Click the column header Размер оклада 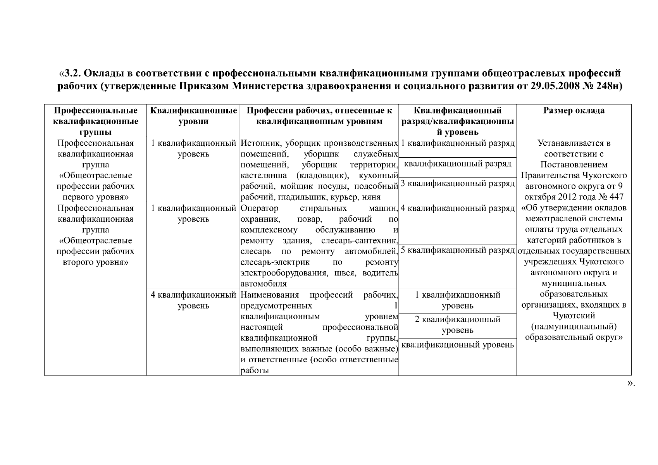(x=574, y=111)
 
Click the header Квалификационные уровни (x=193, y=116)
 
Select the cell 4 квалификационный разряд (x=457, y=209)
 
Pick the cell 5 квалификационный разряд (x=457, y=250)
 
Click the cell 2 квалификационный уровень (x=457, y=325)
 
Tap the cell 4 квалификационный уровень (x=193, y=300)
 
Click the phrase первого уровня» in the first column (x=95, y=197)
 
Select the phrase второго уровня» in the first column (x=95, y=262)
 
